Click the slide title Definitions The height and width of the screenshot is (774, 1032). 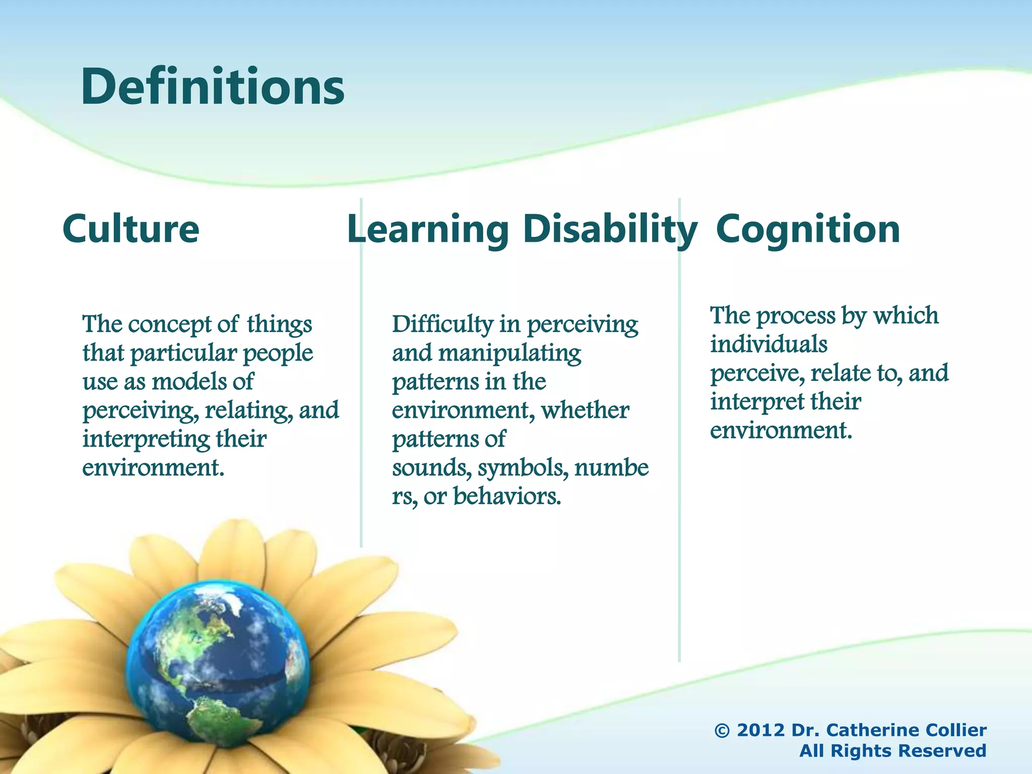tap(212, 87)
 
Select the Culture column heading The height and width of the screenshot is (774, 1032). tap(131, 229)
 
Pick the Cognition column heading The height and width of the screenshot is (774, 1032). tap(808, 229)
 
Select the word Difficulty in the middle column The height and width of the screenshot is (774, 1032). tap(442, 325)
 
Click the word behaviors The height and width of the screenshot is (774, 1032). tap(506, 497)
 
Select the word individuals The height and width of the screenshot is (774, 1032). tap(768, 345)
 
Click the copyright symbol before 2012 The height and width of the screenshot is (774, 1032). tap(722, 730)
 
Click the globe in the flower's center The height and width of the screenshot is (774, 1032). tap(217, 665)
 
